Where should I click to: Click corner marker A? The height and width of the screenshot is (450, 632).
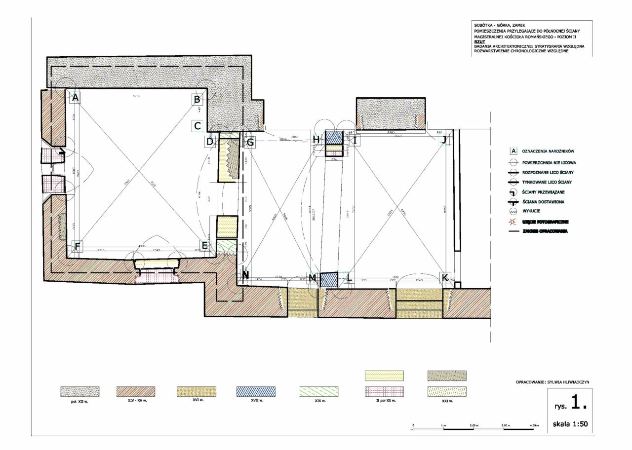75,98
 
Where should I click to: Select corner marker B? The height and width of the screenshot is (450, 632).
197,100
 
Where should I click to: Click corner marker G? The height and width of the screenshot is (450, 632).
250,143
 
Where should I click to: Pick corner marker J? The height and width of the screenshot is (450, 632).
444,140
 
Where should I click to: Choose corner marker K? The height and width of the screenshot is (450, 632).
444,278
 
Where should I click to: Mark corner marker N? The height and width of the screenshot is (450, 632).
246,277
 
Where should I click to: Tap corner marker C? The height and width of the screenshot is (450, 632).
197,126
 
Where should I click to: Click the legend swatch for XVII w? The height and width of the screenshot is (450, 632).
256,391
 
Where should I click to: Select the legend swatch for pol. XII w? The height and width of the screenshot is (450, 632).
79,392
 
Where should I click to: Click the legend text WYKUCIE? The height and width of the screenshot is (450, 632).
531,212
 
